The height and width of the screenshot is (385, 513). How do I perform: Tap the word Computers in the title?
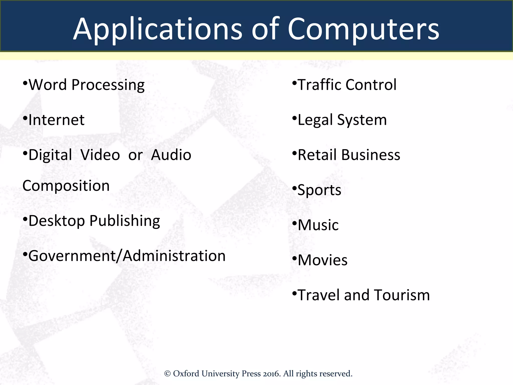pos(363,30)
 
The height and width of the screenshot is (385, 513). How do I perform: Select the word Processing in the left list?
pos(108,85)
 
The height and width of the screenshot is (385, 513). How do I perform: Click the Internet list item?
pos(56,120)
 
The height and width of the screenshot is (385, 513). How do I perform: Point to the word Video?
pos(100,155)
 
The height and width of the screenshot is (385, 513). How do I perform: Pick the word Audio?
pos(171,155)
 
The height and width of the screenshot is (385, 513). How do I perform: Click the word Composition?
pos(66,186)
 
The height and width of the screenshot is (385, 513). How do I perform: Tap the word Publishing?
pos(125,221)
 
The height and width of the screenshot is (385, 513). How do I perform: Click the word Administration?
pos(174,256)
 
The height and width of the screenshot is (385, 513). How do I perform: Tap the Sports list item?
pos(319,190)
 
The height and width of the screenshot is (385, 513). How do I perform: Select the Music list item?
pos(318,225)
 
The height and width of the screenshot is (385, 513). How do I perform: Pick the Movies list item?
pos(323,260)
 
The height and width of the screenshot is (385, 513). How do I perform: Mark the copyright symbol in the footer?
pos(167,374)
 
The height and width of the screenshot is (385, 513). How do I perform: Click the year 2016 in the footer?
pos(271,374)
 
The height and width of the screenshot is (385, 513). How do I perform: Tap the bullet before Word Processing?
pos(25,82)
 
